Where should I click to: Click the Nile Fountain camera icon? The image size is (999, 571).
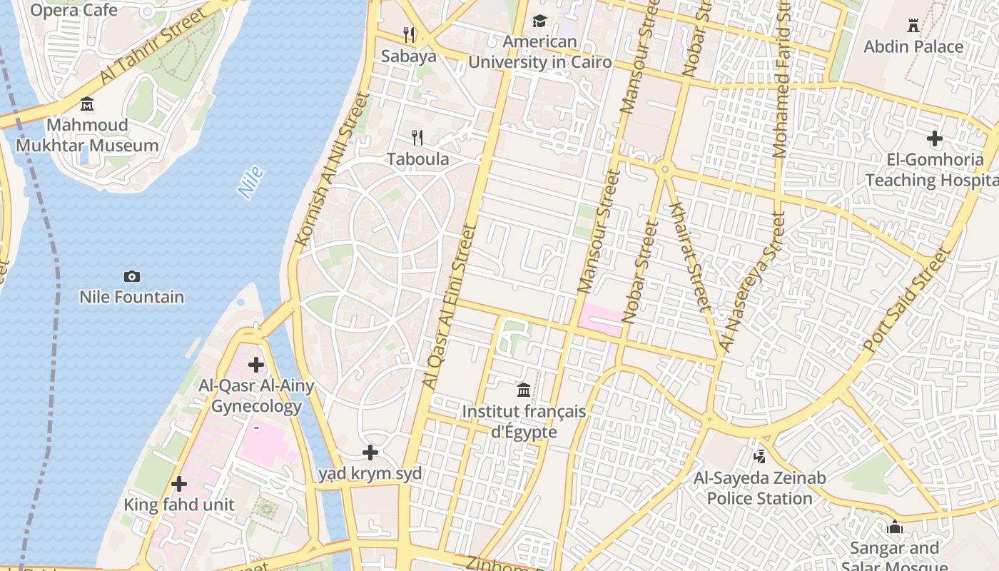click(x=132, y=276)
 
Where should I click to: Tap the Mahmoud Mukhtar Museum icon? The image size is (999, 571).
click(x=87, y=104)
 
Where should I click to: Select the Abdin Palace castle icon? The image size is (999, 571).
click(x=913, y=26)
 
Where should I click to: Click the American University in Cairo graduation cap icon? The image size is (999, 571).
click(x=539, y=21)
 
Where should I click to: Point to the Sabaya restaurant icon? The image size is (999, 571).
click(x=409, y=34)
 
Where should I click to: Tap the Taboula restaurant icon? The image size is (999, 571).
click(x=418, y=137)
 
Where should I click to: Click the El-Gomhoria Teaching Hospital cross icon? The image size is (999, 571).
click(x=934, y=138)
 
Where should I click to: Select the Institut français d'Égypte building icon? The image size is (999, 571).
click(x=524, y=390)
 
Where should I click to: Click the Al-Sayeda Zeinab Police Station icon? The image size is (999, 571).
click(x=759, y=456)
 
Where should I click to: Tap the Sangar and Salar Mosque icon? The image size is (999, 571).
click(x=894, y=527)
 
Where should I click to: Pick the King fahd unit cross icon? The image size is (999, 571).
click(x=179, y=484)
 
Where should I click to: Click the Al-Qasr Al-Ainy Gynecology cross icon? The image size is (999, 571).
click(x=256, y=365)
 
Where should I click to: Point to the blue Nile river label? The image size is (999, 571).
click(x=250, y=183)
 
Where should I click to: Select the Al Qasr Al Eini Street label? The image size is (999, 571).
click(x=449, y=307)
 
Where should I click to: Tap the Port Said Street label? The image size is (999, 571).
click(x=907, y=300)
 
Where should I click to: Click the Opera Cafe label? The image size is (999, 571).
click(x=73, y=10)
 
